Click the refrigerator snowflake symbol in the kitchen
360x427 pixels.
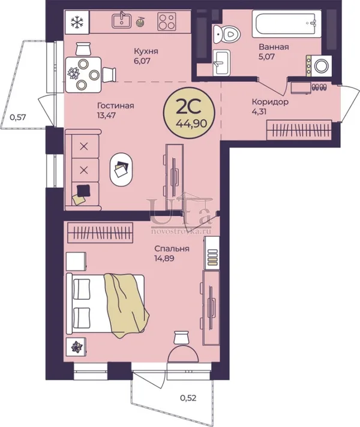77,22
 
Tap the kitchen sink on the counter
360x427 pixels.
122,20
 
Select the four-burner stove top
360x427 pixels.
167,22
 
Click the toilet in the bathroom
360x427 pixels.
227,34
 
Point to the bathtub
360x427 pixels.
287,23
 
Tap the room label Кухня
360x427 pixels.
146,51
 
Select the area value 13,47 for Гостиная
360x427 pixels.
106,115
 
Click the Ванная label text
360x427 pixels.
274,47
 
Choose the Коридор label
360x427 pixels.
270,102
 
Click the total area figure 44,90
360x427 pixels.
191,124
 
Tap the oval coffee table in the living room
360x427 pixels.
121,169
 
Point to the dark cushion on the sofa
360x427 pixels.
83,190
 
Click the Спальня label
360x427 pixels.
172,249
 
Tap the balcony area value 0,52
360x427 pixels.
188,398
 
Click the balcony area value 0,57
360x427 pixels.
18,118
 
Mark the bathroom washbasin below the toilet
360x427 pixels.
221,62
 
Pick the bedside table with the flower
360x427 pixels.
76,347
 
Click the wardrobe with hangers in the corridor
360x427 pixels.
299,130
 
